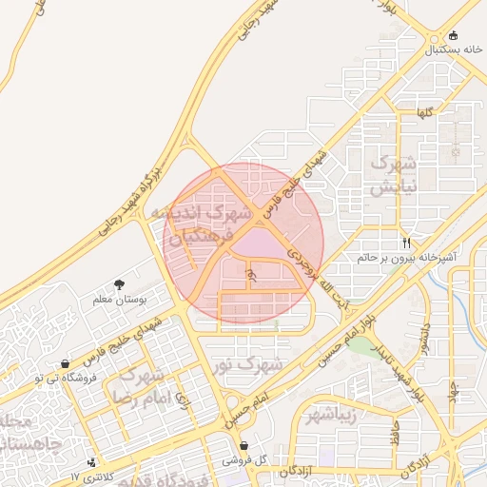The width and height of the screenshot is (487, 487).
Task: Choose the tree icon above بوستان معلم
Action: click(119, 284)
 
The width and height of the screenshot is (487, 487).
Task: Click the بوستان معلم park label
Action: click(119, 300)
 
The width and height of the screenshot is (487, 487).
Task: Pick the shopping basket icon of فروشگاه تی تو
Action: click(65, 363)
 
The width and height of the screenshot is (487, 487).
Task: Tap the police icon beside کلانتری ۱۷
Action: click(91, 462)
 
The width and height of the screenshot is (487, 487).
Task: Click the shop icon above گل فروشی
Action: click(244, 445)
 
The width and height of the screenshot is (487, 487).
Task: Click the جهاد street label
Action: click(455, 391)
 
